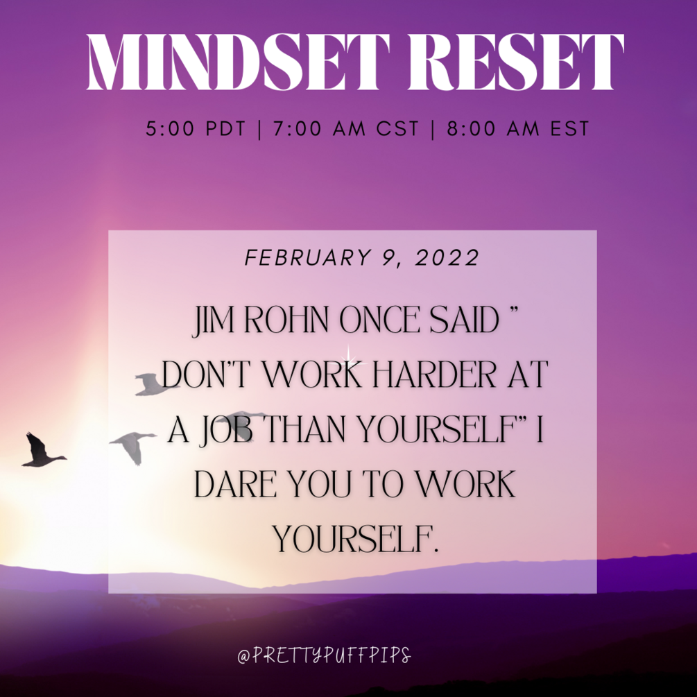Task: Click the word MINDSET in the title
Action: [239, 62]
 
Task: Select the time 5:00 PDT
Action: [196, 129]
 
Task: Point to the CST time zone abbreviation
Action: [397, 129]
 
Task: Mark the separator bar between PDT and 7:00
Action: [259, 130]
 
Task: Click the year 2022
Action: [447, 258]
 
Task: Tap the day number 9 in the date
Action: [388, 259]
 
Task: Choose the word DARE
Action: [236, 484]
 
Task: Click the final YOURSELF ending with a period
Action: [356, 539]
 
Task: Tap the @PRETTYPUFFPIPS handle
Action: [324, 655]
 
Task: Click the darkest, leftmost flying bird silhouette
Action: [42, 450]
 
